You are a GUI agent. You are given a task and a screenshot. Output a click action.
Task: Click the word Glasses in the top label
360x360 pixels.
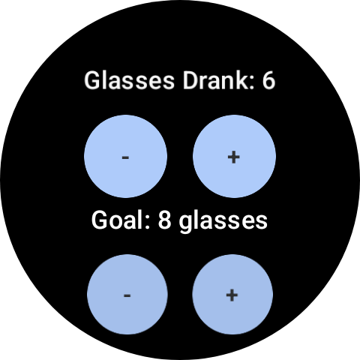click(x=129, y=80)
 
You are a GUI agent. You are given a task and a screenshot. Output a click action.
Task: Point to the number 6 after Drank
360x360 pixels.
click(x=268, y=81)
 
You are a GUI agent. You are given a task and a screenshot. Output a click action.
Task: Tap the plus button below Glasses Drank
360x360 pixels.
click(x=234, y=157)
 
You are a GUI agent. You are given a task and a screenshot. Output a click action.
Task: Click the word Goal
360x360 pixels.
click(x=121, y=220)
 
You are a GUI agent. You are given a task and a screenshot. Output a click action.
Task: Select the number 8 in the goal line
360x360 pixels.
click(x=164, y=220)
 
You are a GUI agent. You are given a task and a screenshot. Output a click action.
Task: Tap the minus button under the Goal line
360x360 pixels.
click(x=127, y=295)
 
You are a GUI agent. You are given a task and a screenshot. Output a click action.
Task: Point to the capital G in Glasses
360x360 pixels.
click(x=91, y=81)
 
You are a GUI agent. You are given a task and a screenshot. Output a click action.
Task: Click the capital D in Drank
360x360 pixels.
click(x=190, y=81)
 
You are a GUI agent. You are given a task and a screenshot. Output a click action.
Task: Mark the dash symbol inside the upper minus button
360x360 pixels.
click(x=125, y=157)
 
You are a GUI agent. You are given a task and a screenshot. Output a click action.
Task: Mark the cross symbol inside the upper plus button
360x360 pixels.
click(x=234, y=157)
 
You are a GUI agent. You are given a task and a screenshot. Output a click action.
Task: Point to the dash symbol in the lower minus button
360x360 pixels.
click(x=127, y=295)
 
